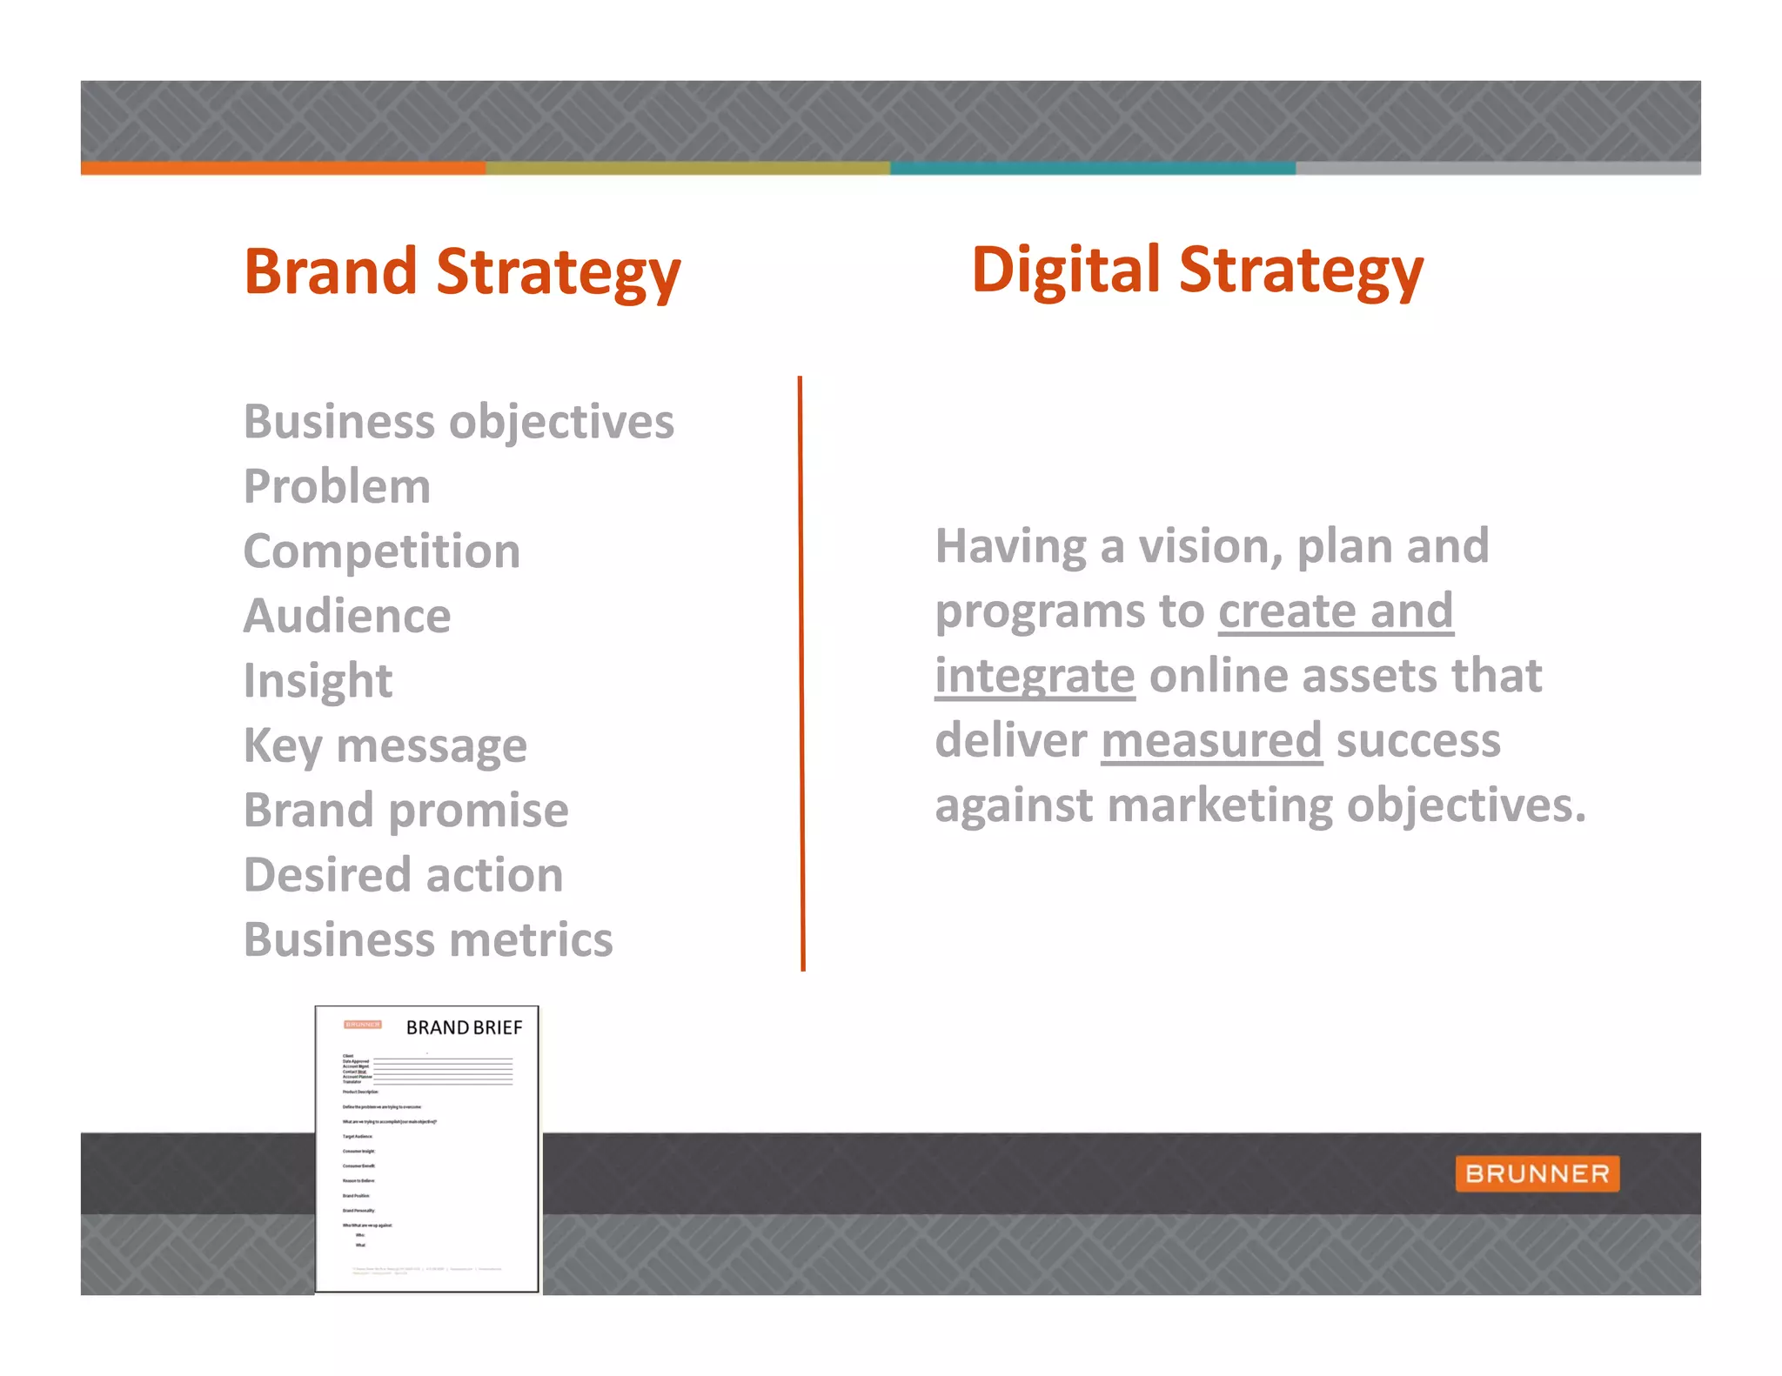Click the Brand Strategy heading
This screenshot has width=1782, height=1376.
462,272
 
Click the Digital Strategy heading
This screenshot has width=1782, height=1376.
1197,271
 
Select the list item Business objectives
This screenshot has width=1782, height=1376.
459,422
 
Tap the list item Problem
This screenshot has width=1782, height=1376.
337,486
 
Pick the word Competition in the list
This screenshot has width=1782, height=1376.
382,551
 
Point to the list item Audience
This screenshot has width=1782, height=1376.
347,616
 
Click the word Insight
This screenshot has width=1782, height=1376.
318,680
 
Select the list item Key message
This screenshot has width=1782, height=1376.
385,745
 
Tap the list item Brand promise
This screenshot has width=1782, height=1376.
405,810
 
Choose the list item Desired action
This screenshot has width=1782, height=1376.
403,875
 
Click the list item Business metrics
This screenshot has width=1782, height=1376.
428,939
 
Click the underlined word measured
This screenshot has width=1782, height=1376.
1211,740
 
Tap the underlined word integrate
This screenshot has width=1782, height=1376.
1035,676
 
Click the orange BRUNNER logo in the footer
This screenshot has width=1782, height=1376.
1537,1173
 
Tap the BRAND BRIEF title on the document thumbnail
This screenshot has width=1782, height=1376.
464,1028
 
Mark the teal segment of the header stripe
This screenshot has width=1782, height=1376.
1092,168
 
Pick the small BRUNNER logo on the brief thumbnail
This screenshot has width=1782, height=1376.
363,1025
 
